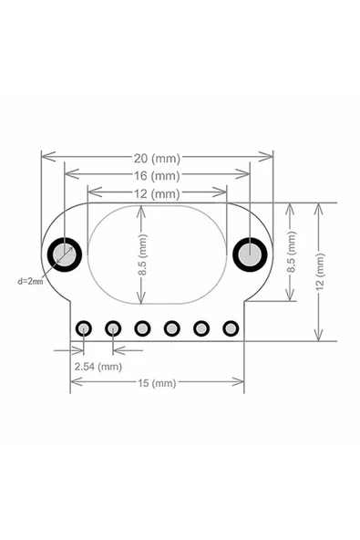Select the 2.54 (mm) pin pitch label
[x=98, y=366]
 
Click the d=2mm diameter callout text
[x=30, y=282]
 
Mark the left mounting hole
[x=66, y=253]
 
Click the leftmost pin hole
[x=85, y=327]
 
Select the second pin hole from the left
[x=114, y=327]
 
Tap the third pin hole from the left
[x=143, y=327]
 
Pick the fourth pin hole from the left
[x=172, y=327]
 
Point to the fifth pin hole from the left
[x=201, y=327]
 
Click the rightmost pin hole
[x=230, y=327]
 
